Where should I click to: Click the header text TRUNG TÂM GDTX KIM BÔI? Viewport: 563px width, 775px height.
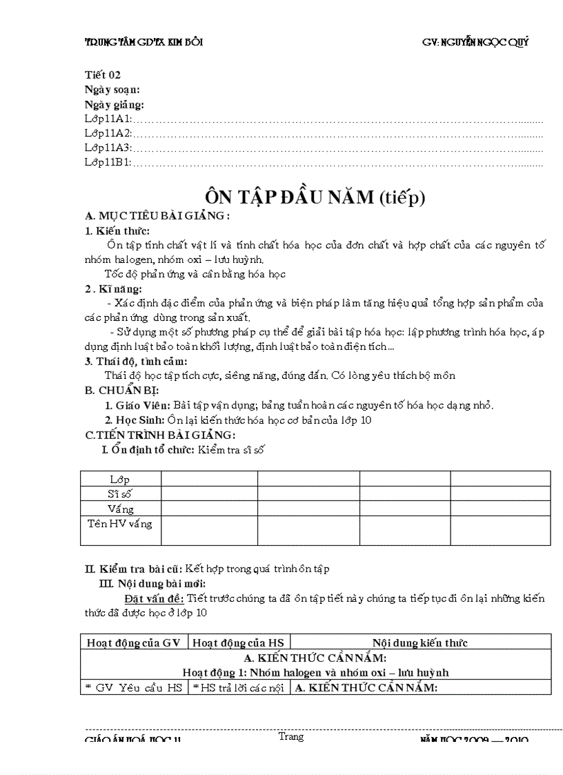[144, 42]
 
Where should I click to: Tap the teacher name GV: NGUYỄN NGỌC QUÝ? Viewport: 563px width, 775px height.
[475, 42]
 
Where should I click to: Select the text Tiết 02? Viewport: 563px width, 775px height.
[103, 75]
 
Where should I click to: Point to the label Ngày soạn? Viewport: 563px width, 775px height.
[112, 90]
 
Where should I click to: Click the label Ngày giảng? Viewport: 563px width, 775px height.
[115, 104]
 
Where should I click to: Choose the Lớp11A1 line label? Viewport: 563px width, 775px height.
[108, 119]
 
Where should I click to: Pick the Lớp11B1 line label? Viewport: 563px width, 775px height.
[108, 163]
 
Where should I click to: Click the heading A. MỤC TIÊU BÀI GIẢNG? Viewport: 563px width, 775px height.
[157, 216]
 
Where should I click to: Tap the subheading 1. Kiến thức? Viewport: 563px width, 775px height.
[117, 230]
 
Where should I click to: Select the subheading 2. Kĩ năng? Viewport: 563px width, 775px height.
[114, 288]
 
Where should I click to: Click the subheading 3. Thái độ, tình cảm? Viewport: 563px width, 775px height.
[136, 361]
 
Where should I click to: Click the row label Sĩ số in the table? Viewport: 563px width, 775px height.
[120, 493]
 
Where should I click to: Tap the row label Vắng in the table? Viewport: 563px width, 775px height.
[120, 509]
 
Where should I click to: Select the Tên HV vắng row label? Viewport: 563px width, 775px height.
[120, 523]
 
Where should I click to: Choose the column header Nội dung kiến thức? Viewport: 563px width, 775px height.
[420, 642]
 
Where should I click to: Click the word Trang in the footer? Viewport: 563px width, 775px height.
[291, 736]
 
